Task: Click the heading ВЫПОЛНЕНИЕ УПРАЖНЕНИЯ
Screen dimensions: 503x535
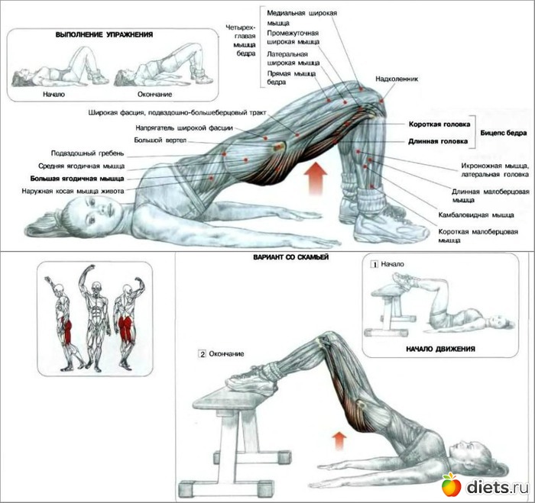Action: click(105, 35)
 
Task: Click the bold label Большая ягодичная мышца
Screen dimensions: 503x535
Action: click(78, 178)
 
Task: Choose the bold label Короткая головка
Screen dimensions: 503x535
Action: click(438, 124)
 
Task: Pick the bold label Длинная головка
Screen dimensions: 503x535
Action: click(439, 141)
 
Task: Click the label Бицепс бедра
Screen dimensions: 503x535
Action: click(502, 132)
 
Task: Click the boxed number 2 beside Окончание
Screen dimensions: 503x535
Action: click(201, 354)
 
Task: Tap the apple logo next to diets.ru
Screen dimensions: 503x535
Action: click(451, 483)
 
